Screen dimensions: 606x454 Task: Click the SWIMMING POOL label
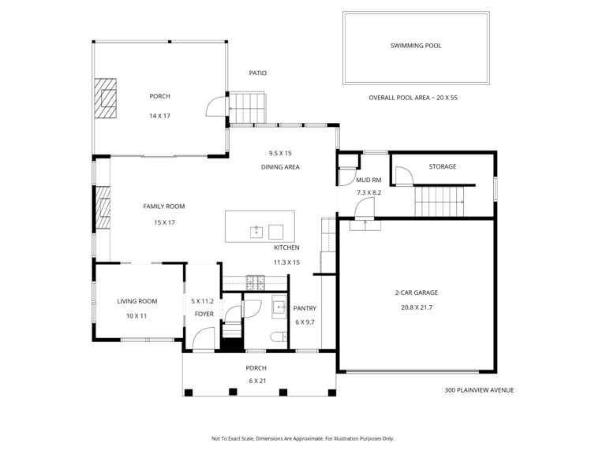pos(416,46)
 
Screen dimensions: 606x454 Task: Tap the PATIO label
pos(258,73)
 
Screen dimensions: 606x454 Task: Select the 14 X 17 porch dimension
pos(159,116)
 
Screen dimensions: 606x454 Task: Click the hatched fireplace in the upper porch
pos(106,99)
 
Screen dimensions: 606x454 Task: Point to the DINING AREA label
pos(280,167)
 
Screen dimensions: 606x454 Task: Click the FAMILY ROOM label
pos(164,207)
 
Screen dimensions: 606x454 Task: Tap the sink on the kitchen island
pos(256,232)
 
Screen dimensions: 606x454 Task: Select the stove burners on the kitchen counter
pos(256,283)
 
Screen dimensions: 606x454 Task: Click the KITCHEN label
pos(286,247)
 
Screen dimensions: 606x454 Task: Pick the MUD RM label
pos(368,180)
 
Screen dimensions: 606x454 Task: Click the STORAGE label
pos(443,166)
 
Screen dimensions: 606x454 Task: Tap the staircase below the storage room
pos(440,202)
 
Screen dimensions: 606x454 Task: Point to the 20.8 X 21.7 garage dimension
pos(417,307)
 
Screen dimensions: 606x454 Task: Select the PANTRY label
pos(305,308)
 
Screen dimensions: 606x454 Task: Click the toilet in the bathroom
pos(279,337)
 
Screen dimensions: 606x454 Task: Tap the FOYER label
pos(204,314)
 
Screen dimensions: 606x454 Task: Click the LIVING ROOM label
pos(137,301)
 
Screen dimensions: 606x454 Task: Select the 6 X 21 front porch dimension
pos(257,381)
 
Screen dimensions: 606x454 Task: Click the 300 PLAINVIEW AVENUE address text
pos(479,390)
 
